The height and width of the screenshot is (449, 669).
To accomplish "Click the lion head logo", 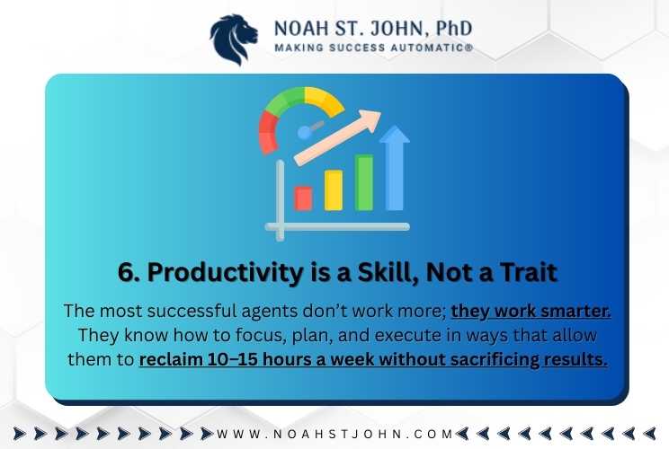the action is coord(234,40).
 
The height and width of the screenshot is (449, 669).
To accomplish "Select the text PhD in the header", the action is coord(454,28).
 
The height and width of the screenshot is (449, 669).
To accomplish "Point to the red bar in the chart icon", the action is coord(303,198).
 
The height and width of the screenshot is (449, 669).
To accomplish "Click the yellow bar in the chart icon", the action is coord(334,190).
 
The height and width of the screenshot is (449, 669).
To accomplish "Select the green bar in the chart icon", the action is coord(364,182).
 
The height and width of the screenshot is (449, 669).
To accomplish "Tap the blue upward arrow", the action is coord(394,167).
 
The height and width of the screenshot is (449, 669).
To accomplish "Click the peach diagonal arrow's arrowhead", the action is coord(370,119).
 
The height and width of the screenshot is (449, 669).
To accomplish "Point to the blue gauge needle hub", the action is coord(304,133).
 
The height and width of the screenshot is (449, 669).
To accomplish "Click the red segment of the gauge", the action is coord(268,132).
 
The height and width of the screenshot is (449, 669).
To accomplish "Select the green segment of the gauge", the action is coord(285,99).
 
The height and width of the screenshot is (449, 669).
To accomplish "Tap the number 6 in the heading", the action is coord(126,272).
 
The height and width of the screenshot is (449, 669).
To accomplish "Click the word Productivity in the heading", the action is coord(227,273).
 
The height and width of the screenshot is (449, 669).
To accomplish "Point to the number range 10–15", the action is coord(233,359).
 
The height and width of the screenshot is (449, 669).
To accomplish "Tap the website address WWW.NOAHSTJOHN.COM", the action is coord(334,434).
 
